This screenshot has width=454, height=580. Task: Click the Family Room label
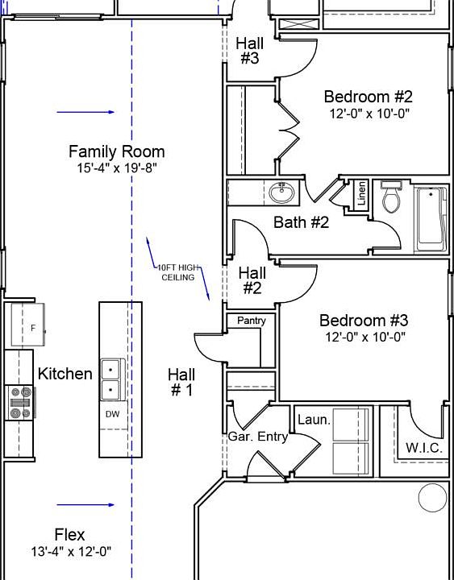[116, 151]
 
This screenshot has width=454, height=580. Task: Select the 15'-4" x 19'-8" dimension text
[116, 168]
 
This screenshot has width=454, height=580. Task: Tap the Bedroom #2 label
[369, 97]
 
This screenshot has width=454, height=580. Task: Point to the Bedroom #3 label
[364, 321]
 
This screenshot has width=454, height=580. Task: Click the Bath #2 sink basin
[281, 193]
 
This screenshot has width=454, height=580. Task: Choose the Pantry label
[251, 321]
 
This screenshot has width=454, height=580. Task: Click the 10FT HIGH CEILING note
[177, 272]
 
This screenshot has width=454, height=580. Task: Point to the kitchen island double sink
[111, 381]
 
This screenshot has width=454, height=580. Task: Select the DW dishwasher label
[112, 414]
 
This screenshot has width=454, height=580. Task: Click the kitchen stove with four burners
[20, 403]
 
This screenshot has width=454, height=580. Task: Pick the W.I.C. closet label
[423, 448]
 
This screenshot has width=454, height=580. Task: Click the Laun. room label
[314, 420]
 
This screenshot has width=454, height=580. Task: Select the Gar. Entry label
[257, 437]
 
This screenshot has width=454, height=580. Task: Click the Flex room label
[69, 534]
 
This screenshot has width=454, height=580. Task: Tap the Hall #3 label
[249, 50]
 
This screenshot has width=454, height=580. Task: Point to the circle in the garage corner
[433, 497]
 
